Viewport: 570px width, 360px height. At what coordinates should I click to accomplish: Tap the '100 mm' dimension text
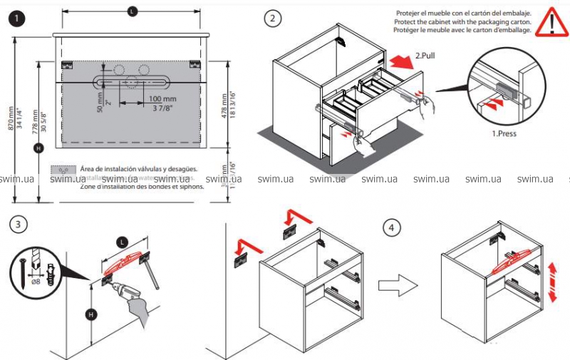[162, 98]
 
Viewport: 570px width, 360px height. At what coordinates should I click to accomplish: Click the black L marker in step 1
[132, 11]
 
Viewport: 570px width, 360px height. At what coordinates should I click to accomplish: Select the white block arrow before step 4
[391, 287]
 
